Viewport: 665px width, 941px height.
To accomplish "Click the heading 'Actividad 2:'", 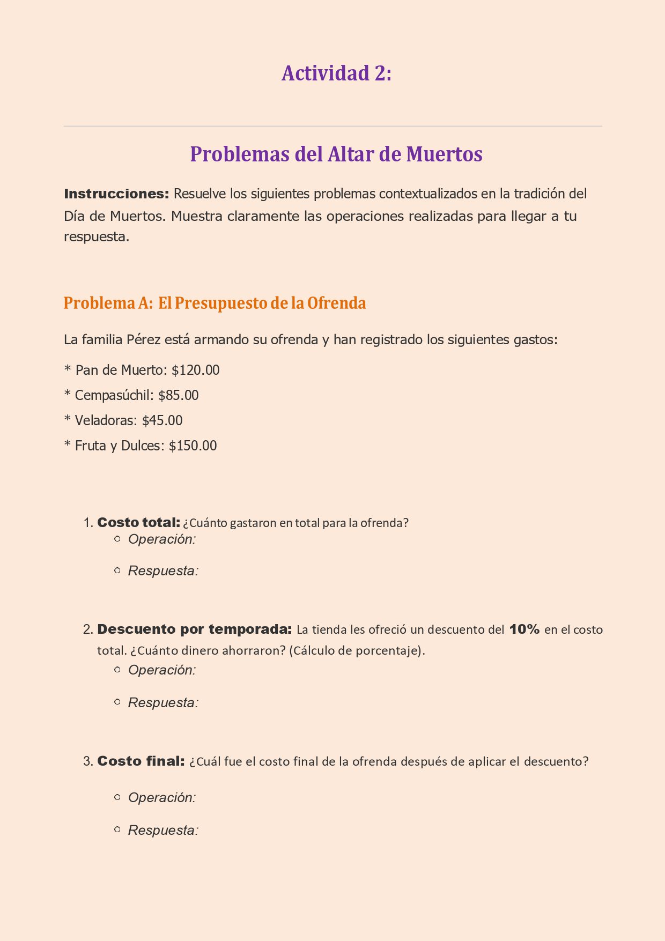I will [336, 73].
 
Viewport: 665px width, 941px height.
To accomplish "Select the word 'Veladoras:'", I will [106, 420].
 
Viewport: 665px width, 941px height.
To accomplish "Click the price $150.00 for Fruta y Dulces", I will [193, 446].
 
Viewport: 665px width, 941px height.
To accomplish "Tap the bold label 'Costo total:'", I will [138, 522].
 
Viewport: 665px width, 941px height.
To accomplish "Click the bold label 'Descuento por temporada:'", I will [194, 629].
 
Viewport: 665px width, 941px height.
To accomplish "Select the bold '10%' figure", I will [524, 629].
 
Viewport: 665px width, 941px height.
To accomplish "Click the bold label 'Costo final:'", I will [141, 761].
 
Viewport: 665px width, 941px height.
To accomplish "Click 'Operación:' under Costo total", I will [162, 539].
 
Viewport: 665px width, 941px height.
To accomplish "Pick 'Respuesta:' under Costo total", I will [163, 571].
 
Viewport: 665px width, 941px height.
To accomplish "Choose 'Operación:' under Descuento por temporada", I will [162, 670].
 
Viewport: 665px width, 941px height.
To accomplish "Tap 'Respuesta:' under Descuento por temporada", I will [163, 702].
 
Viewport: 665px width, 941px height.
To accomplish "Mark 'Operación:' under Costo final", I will [162, 797].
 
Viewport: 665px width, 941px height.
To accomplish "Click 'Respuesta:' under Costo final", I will [163, 830].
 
